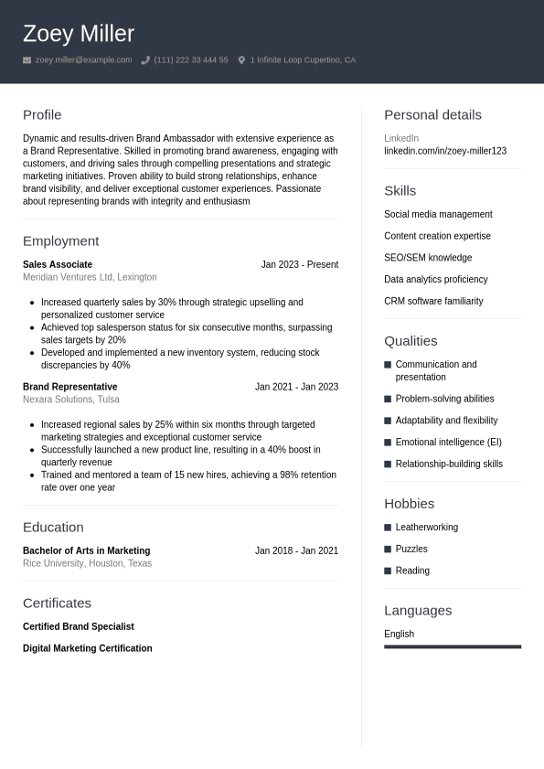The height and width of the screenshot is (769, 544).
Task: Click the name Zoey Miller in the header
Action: [79, 34]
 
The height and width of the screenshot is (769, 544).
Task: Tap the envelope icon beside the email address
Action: [27, 60]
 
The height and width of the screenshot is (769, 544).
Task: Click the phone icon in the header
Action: [145, 60]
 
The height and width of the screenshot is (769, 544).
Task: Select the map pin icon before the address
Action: [241, 60]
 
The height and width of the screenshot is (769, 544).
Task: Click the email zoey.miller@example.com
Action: [83, 60]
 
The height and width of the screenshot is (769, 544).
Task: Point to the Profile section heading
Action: [42, 115]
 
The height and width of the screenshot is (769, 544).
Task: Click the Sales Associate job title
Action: [58, 264]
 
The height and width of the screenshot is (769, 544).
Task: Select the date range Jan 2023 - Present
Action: [299, 264]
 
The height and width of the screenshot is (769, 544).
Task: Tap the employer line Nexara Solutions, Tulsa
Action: [71, 400]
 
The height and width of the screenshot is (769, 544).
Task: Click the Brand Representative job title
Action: [69, 387]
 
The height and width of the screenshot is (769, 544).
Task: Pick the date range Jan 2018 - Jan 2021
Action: [296, 550]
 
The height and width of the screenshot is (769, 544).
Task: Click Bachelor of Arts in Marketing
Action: [86, 550]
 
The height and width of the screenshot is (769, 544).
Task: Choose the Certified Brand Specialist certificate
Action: [79, 626]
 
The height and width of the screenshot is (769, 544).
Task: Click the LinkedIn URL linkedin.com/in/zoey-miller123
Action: [445, 151]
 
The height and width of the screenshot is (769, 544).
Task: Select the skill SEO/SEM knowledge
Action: [428, 258]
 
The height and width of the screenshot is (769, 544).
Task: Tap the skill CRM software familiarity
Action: [433, 301]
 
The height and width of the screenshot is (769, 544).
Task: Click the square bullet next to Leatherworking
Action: [388, 528]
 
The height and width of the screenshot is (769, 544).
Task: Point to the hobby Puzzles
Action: [411, 549]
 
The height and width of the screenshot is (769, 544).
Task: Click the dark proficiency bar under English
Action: [453, 646]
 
